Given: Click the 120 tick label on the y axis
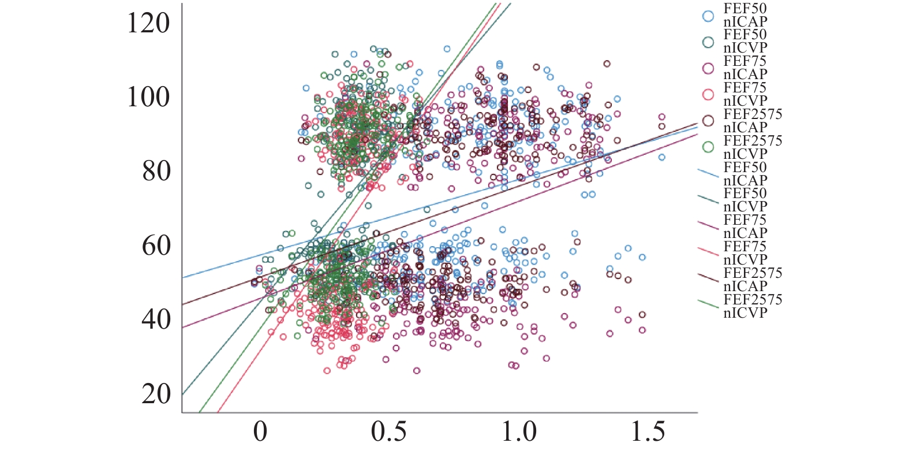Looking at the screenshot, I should (148, 24).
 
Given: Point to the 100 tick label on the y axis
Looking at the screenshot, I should (148, 96).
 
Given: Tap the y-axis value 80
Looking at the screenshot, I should (156, 171).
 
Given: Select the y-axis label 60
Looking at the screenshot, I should (156, 246).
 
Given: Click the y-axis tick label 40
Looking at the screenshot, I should (156, 319).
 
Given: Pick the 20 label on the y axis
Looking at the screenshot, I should (156, 394).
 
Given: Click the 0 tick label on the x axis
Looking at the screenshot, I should (260, 432).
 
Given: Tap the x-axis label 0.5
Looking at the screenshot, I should (389, 432).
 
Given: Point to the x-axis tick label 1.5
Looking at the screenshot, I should (648, 432).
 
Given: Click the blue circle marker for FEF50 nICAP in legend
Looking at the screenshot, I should (708, 16).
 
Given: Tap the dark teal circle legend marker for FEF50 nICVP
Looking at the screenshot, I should (708, 42).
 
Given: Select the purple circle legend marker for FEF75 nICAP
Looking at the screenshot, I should (708, 68).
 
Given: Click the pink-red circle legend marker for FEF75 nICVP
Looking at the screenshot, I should (708, 95).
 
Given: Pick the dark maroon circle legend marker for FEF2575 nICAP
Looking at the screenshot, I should (708, 121).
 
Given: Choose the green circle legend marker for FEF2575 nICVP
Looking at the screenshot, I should (708, 147).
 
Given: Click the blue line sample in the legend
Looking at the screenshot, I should (708, 174).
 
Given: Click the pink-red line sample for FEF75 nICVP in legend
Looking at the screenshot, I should (708, 253).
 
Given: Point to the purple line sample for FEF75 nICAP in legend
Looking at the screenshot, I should (708, 226).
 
